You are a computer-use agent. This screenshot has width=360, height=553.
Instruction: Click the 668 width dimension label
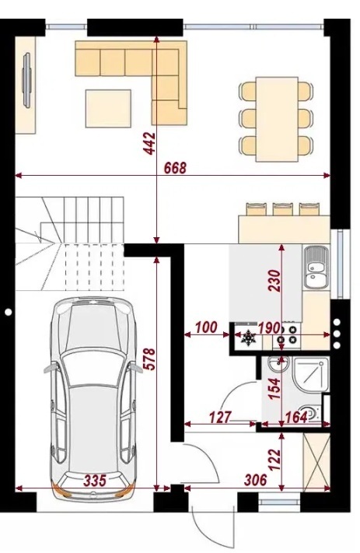point(175,168)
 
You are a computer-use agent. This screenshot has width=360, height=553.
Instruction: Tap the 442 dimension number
point(149,143)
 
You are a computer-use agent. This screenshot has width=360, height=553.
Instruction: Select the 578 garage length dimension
point(149,359)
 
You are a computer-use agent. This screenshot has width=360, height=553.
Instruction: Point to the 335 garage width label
point(95,481)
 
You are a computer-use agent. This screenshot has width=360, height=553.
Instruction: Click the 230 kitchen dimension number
point(274,281)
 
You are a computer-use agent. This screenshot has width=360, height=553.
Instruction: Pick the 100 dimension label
point(206,327)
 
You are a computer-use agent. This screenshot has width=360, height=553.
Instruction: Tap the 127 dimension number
point(220,417)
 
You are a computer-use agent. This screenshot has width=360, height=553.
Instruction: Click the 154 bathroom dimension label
point(274,389)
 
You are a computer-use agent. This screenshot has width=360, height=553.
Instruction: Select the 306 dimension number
point(256,480)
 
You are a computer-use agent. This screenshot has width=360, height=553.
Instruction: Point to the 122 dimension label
point(274,460)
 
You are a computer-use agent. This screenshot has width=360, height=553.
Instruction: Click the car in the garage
point(93,397)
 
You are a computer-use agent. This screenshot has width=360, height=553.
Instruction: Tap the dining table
point(277,119)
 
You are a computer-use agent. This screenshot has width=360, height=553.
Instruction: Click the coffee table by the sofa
point(108,108)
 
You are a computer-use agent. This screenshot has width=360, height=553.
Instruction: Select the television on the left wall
point(27,80)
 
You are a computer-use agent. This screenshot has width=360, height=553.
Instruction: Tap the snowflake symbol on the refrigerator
point(248,337)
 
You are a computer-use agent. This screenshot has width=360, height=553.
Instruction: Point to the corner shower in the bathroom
point(311,375)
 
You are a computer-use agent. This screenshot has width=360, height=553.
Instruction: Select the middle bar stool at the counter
point(282,208)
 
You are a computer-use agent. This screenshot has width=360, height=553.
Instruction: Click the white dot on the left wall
point(8,311)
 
